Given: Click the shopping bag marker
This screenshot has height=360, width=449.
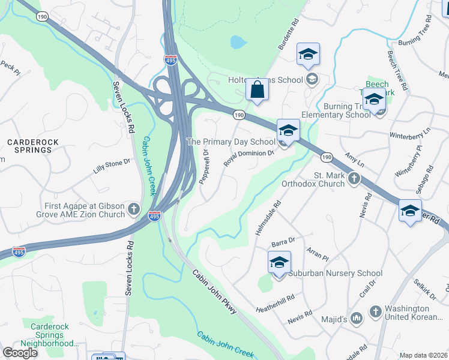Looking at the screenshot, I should [257, 91].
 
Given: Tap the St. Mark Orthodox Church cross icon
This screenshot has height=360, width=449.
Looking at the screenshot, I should [354, 178].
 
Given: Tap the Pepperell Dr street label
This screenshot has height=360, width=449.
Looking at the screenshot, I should [205, 168].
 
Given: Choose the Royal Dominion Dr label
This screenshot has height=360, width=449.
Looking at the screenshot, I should [249, 158].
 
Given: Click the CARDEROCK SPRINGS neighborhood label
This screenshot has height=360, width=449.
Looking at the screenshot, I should [29, 145].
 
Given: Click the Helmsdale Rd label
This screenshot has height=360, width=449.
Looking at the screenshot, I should [268, 218].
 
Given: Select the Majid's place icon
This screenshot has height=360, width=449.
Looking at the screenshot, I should [356, 316].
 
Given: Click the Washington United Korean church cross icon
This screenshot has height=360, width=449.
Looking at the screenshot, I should [376, 311].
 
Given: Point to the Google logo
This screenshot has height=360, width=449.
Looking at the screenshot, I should [20, 353].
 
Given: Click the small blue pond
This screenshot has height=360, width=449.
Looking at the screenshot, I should [238, 42].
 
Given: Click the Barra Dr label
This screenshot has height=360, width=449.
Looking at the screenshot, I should [283, 241].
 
